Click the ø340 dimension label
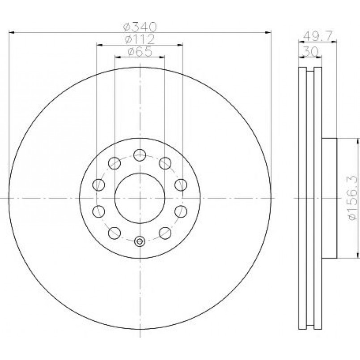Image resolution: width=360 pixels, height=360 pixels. point(140,27)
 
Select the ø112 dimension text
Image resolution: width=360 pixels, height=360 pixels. point(140,39)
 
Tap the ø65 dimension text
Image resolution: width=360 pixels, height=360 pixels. point(140,52)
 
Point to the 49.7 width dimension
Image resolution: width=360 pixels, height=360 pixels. point(318,36)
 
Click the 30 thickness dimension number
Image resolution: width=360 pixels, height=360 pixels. point(310,51)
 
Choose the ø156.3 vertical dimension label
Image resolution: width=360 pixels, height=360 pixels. point(352,198)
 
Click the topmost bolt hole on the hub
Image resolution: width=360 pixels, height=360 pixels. point(140,155)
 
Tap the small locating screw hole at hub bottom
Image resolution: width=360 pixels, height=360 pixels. point(140,241)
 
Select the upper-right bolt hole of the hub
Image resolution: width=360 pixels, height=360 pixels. point(165,163)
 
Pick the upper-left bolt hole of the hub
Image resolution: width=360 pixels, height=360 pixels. point(114,163)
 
